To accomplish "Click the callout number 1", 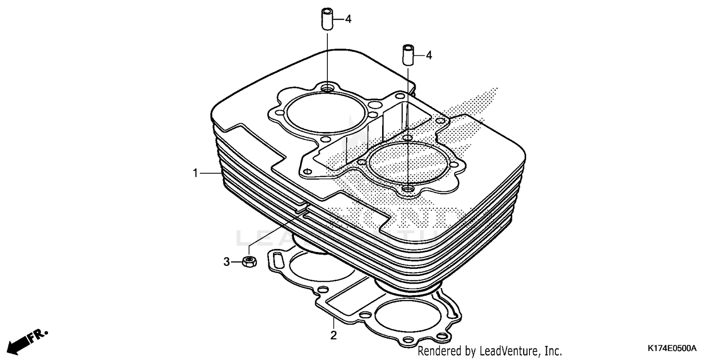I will tap(195, 173).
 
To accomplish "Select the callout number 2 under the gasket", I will tap(333, 335).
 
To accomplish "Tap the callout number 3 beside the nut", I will tap(227, 262).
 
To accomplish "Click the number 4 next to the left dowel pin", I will tap(348, 19).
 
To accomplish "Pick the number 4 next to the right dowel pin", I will tap(429, 56).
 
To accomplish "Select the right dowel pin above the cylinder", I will tap(408, 55).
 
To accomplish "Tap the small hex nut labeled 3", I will tap(249, 262).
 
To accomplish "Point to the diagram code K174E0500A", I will tap(672, 348).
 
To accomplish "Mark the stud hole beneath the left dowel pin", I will tap(327, 88).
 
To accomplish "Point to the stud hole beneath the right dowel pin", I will tap(408, 190).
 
